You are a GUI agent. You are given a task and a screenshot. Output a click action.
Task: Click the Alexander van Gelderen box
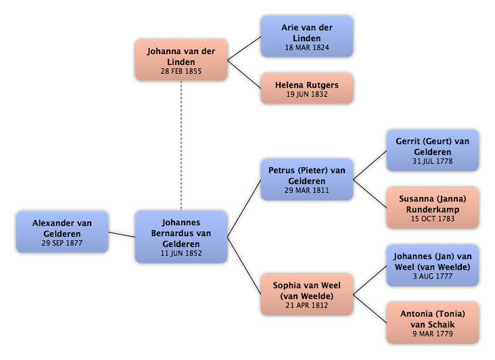62,232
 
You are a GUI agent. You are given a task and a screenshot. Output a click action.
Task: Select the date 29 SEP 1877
62,243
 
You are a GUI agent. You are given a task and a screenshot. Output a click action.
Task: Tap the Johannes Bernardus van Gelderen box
181,237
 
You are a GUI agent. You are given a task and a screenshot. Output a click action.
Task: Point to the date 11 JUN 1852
181,253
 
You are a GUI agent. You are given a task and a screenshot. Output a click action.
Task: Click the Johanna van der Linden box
181,60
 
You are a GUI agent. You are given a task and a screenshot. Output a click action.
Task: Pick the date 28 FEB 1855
181,71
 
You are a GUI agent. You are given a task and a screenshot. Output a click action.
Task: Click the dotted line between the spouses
181,146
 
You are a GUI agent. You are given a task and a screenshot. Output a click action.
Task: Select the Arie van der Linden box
307,37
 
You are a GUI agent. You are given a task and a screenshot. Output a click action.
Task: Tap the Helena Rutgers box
307,89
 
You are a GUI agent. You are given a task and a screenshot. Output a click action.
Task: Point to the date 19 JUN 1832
307,95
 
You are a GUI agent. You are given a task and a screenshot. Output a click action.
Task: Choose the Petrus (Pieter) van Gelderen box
307,180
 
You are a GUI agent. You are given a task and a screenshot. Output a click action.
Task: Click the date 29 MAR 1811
307,190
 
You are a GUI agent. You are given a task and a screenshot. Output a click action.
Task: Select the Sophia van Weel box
307,294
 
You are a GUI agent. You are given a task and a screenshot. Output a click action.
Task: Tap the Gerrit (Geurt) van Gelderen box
433,150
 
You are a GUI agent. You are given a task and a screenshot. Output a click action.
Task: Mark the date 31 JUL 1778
433,161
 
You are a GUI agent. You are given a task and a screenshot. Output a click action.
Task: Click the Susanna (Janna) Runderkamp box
433,208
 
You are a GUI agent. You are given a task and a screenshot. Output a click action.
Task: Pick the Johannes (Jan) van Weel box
433,265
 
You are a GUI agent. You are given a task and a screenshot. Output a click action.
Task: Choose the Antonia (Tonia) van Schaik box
433,323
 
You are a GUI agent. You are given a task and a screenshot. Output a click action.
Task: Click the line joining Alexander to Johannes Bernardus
122,235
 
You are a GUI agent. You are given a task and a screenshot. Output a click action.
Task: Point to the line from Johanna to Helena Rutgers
244,74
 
